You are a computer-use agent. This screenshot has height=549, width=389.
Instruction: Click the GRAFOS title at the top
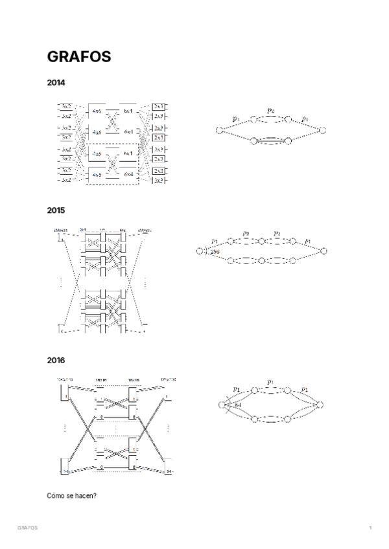click(x=79, y=56)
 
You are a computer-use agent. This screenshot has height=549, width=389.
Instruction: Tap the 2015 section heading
click(x=56, y=210)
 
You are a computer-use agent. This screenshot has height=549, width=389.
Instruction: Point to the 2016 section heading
click(x=56, y=359)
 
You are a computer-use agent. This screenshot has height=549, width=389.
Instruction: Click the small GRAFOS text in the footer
click(x=28, y=528)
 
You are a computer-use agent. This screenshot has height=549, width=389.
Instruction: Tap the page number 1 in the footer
click(x=370, y=528)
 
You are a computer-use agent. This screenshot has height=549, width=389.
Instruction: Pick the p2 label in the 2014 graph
click(x=271, y=111)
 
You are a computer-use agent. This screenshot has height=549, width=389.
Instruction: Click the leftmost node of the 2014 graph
click(x=220, y=131)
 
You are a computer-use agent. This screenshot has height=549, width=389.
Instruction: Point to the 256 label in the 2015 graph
click(x=214, y=250)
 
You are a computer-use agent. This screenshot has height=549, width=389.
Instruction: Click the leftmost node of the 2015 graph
click(x=200, y=251)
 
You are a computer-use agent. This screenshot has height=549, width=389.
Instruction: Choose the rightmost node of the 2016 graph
click(x=319, y=405)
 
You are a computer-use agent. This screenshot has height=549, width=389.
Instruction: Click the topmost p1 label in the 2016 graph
click(x=270, y=382)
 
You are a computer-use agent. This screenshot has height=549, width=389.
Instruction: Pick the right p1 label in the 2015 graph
click(x=307, y=241)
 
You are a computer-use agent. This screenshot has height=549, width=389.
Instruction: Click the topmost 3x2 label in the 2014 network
click(x=66, y=105)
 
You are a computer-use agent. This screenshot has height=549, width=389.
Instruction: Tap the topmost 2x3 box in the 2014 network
click(x=159, y=106)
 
